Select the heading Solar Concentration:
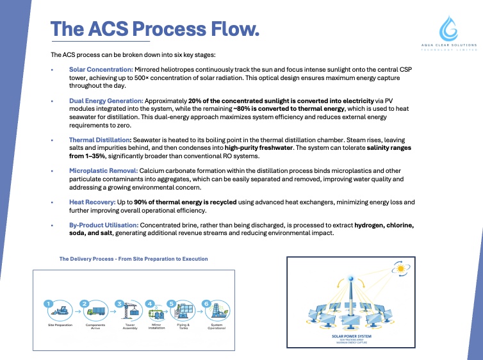pyautogui.click(x=101, y=69)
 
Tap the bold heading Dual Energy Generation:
pyautogui.click(x=106, y=101)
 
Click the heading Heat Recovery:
pyautogui.click(x=92, y=202)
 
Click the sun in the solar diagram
pyautogui.click(x=402, y=270)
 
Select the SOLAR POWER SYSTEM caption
pyautogui.click(x=351, y=335)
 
